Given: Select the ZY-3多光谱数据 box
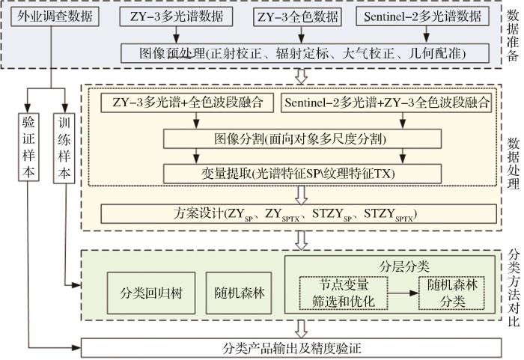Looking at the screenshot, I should pos(176,16).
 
